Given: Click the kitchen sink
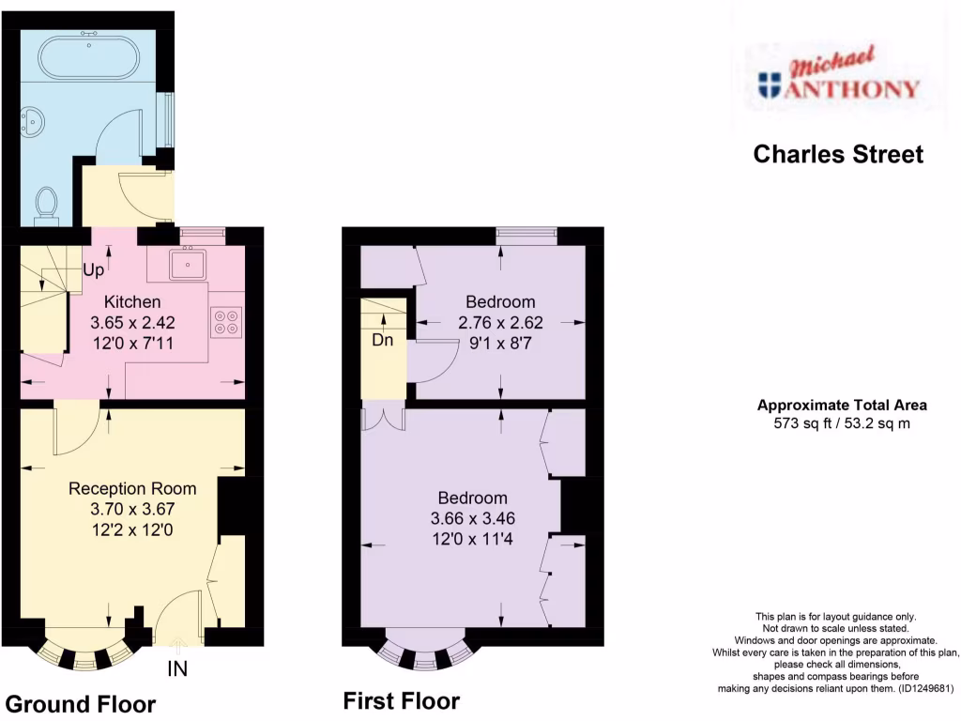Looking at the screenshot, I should pyautogui.click(x=189, y=265).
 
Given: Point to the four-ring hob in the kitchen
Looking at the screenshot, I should pyautogui.click(x=226, y=322).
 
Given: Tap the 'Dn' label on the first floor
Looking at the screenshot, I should pyautogui.click(x=382, y=340).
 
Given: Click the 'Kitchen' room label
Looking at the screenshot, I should pyautogui.click(x=132, y=302).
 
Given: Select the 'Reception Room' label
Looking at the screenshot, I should pyautogui.click(x=132, y=488).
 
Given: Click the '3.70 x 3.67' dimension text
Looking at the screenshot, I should pyautogui.click(x=132, y=509).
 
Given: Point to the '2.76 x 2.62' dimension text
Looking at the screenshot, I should pyautogui.click(x=500, y=322).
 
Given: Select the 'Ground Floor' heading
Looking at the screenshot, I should pyautogui.click(x=81, y=704).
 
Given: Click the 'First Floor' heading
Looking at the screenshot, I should pyautogui.click(x=401, y=700).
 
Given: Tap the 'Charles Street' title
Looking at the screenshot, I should pyautogui.click(x=838, y=154).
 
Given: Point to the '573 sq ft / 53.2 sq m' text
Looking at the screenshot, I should pyautogui.click(x=842, y=423).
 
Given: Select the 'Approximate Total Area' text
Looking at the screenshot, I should pyautogui.click(x=842, y=406).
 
